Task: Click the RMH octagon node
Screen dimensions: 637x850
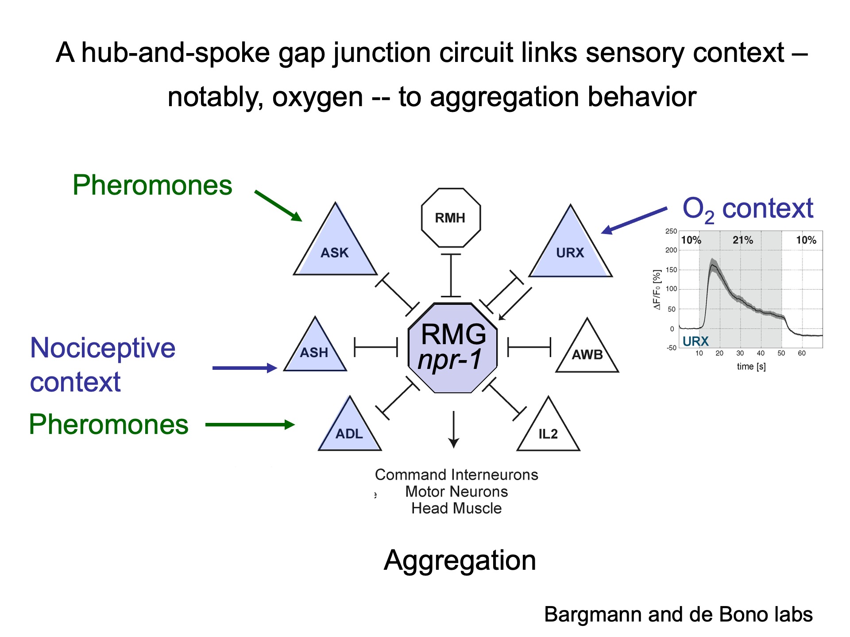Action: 450,218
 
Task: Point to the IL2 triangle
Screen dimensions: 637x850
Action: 548,432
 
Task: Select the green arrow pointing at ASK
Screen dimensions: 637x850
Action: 278,206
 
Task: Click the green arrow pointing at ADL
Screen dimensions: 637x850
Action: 250,425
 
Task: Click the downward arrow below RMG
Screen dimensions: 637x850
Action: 453,429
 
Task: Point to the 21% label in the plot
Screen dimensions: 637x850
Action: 742,240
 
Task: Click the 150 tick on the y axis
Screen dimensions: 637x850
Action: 671,269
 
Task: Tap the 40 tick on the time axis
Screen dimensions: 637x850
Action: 761,353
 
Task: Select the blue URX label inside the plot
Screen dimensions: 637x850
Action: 695,341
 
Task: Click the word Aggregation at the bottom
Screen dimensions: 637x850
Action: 460,560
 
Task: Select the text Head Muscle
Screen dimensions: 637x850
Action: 456,508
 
